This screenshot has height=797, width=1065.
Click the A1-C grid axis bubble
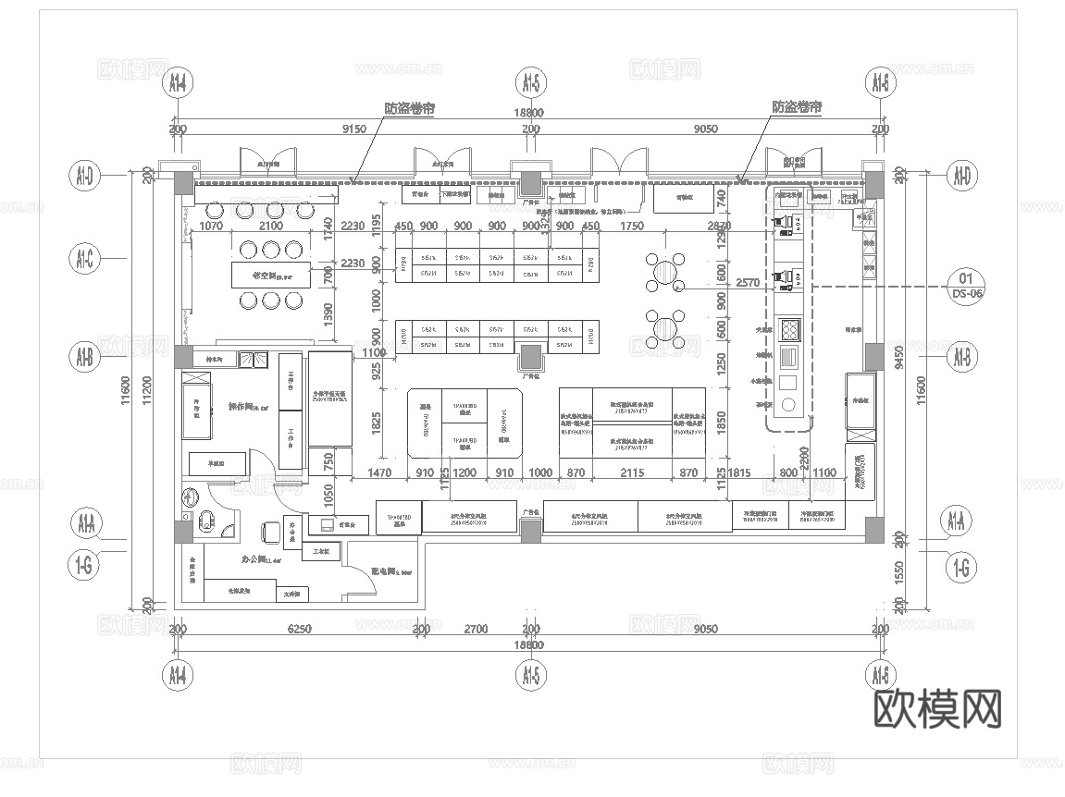[84, 261]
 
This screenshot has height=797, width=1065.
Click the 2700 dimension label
[475, 629]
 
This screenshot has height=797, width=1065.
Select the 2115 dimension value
[632, 473]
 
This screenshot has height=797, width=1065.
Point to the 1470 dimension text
[380, 473]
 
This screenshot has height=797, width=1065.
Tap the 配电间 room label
[383, 571]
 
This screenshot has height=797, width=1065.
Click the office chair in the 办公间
[270, 531]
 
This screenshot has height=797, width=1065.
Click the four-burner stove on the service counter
[791, 330]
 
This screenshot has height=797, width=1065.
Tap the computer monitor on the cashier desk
[326, 525]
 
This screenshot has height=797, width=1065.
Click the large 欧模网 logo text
[937, 710]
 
